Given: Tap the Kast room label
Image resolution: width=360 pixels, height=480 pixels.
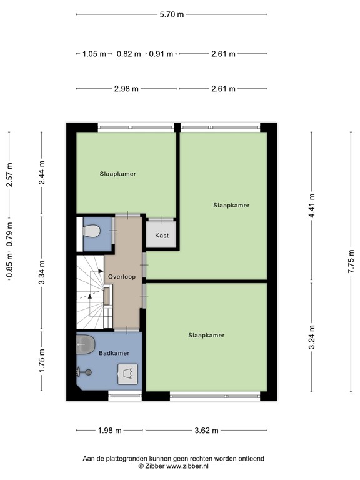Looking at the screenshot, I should pyautogui.click(x=161, y=236).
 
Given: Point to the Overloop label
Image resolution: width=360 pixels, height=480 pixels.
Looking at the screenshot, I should pyautogui.click(x=121, y=276).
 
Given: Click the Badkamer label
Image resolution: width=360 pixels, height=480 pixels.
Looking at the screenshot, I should pyautogui.click(x=114, y=353).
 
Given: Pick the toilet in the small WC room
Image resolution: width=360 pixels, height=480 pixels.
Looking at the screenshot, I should pyautogui.click(x=92, y=232).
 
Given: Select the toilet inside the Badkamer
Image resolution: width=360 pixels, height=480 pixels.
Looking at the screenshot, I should pyautogui.click(x=86, y=343).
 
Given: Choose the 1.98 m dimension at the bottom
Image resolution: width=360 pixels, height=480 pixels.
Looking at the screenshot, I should pyautogui.click(x=109, y=430).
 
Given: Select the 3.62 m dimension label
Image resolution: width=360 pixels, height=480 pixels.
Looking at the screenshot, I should pyautogui.click(x=206, y=430).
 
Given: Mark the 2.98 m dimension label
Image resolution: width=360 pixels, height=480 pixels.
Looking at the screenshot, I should pyautogui.click(x=127, y=89).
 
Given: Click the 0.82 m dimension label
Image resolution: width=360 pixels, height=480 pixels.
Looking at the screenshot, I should pyautogui.click(x=129, y=54).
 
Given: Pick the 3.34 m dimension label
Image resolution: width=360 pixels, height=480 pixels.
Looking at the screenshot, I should pyautogui.click(x=42, y=272).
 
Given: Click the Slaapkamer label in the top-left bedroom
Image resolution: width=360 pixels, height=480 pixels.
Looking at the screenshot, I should pyautogui.click(x=117, y=174).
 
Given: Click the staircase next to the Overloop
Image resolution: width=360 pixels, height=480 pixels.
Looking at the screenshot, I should pyautogui.click(x=91, y=293).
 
